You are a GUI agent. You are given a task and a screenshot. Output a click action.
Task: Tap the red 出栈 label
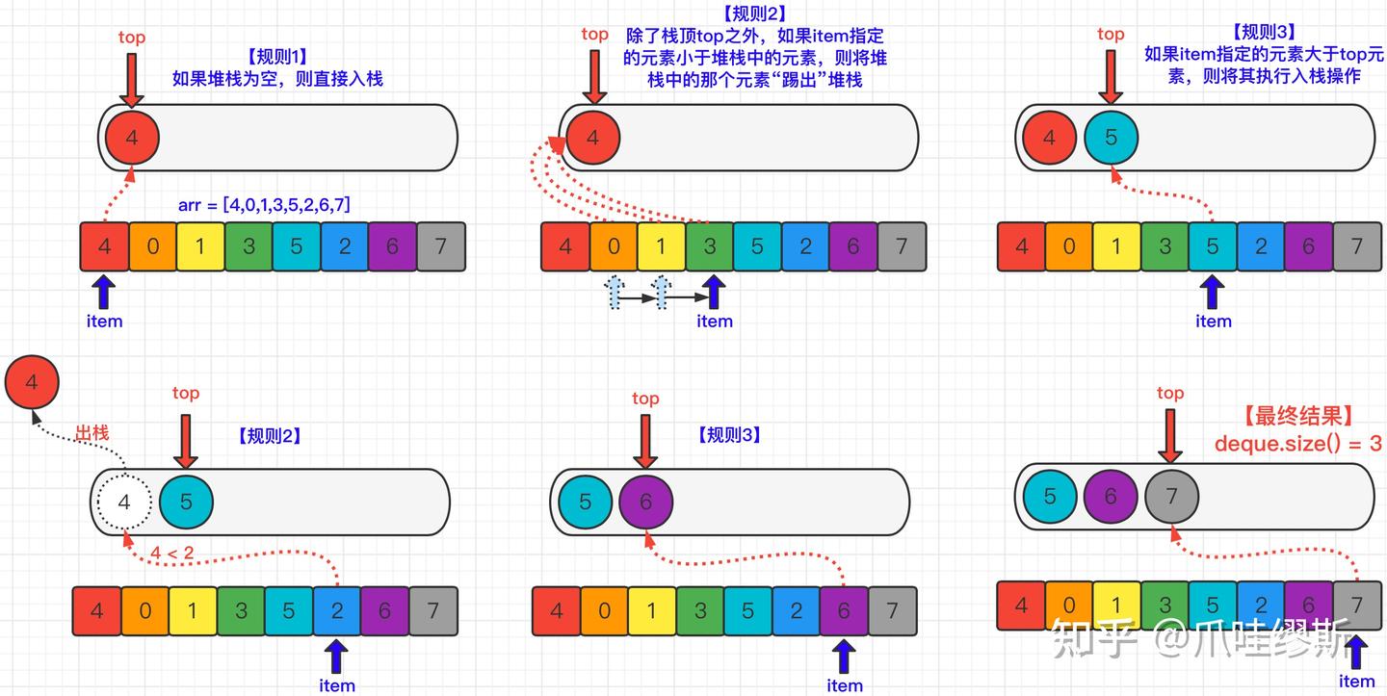[x=92, y=433]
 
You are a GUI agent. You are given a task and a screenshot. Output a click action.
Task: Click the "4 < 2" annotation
[x=172, y=553]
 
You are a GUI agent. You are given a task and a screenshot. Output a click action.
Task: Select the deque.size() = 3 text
[x=1297, y=444]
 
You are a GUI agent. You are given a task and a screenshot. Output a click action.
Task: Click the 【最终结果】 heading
[x=1297, y=417]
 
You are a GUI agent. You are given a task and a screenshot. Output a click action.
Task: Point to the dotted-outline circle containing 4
[x=124, y=502]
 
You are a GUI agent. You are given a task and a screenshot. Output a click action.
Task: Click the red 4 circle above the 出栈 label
[x=32, y=382]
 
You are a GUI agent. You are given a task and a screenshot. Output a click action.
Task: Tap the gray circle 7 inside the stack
[x=1171, y=496]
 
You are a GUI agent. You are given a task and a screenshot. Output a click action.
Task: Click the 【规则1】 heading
[x=277, y=56]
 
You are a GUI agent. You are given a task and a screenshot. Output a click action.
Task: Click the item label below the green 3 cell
[x=715, y=322]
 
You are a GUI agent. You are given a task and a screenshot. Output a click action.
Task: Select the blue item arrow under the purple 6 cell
[x=844, y=657]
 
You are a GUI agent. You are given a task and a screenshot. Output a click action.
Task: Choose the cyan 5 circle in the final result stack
[x=1050, y=496]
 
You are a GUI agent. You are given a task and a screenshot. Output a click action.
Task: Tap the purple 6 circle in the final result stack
[x=1111, y=496]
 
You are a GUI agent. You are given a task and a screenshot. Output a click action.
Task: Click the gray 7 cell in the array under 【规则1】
[x=440, y=246]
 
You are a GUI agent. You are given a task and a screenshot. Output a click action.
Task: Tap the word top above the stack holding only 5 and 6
[x=645, y=399]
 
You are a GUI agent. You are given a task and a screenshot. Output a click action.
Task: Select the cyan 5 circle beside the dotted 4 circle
[x=186, y=502]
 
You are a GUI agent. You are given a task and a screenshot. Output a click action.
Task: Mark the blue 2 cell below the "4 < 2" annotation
[x=336, y=610]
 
